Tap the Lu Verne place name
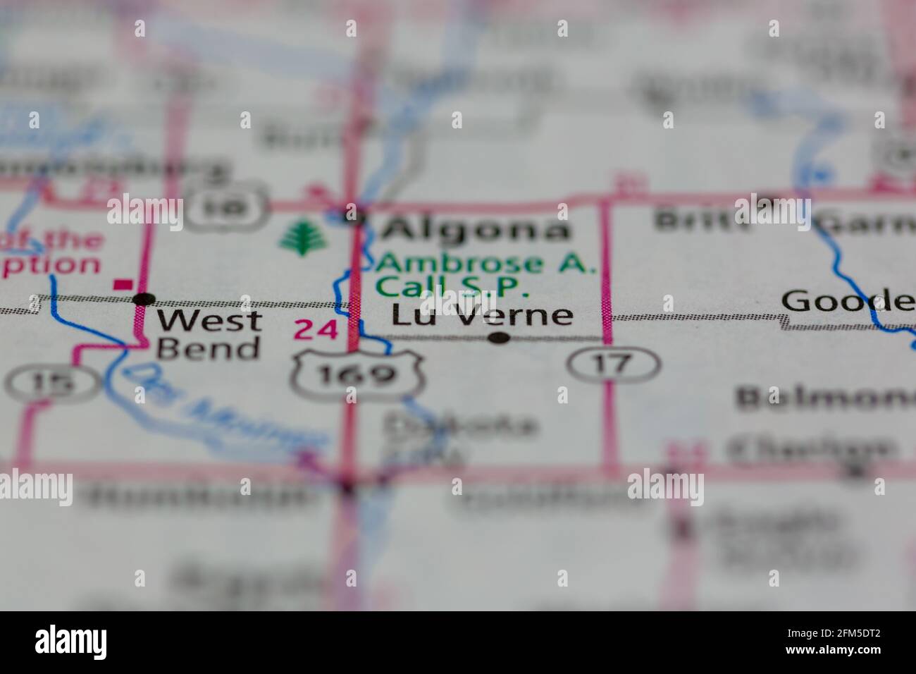coord(482,315)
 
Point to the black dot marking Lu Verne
coord(499,338)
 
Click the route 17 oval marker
coord(614,364)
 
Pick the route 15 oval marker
coord(53,382)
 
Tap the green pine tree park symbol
coord(304,236)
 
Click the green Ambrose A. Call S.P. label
coord(485,275)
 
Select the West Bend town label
coord(208,334)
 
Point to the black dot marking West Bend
coord(144,299)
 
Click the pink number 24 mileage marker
coord(315,329)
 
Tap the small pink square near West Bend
coord(123,284)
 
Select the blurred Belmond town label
coord(824,399)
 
